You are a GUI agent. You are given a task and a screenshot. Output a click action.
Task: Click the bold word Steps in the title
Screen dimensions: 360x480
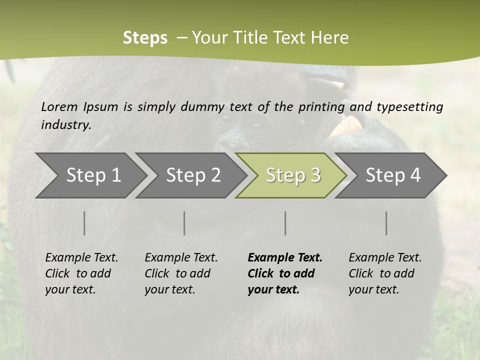click(x=145, y=38)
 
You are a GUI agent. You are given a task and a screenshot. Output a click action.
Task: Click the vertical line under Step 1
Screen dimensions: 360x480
click(x=84, y=223)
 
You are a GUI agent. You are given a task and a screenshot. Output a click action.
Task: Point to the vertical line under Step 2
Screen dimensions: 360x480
click(x=184, y=223)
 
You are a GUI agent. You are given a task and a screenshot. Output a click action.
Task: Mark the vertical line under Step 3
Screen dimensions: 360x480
click(x=285, y=223)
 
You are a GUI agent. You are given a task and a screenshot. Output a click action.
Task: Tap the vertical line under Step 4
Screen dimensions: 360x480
click(x=386, y=223)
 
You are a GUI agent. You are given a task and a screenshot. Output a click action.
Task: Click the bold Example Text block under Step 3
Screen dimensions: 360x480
click(x=285, y=273)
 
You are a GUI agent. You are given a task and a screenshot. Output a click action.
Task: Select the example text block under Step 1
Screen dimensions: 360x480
click(x=81, y=273)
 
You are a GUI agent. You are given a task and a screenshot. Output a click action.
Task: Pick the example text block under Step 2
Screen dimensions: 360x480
click(x=181, y=273)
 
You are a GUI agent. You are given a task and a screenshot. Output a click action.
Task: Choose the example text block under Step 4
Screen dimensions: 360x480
click(x=385, y=273)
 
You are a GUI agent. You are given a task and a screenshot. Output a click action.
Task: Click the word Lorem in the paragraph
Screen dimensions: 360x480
click(x=59, y=106)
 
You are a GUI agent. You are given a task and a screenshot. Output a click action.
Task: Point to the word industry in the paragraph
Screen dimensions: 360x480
click(x=66, y=124)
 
